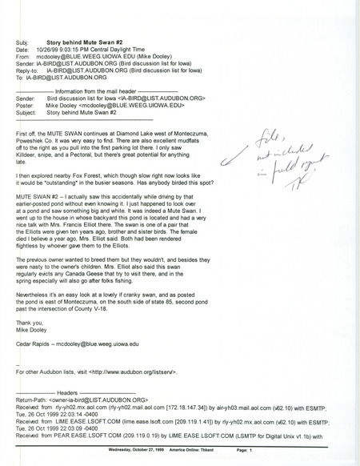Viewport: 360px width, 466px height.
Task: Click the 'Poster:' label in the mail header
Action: [x=26, y=105]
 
